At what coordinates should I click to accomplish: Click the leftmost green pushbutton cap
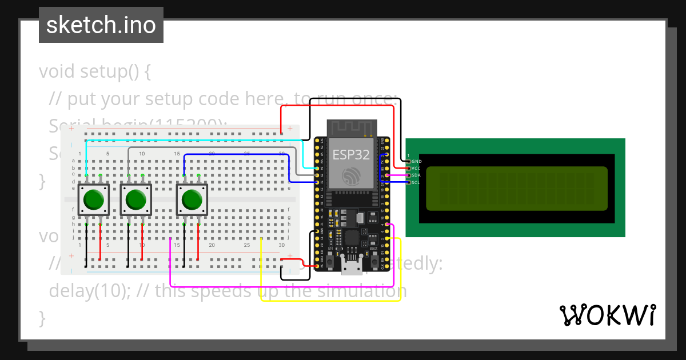pos(93,200)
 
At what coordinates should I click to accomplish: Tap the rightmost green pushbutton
pos(192,200)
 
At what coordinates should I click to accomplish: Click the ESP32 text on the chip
pos(351,154)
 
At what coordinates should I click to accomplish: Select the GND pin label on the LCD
pos(417,162)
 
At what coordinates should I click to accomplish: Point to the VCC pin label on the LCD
pos(417,169)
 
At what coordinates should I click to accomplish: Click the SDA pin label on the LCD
pos(417,175)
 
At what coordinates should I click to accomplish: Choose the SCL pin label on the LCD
pos(417,182)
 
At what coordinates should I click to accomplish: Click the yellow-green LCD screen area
pos(517,189)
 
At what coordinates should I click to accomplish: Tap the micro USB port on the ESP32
pos(352,266)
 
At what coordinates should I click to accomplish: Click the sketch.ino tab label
pos(101,25)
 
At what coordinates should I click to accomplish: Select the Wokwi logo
pos(608,315)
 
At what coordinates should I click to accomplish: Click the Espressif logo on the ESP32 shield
pos(350,175)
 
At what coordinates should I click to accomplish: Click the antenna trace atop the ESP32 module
pos(352,127)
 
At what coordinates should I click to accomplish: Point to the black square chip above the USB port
pos(352,239)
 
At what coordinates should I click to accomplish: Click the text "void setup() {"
pos(95,72)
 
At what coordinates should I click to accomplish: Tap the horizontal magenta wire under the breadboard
pos(280,286)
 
